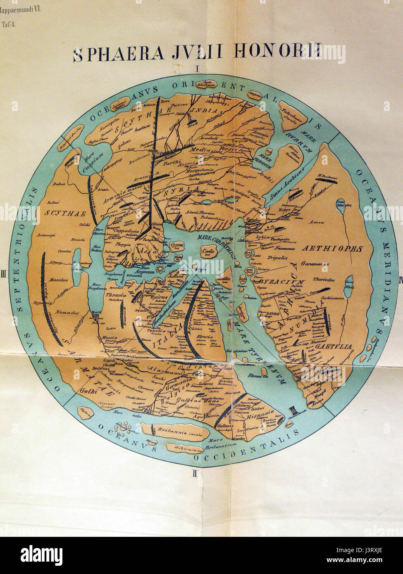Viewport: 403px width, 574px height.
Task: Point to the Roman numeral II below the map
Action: coord(197,474)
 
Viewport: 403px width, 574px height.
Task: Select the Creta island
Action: coord(207,252)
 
